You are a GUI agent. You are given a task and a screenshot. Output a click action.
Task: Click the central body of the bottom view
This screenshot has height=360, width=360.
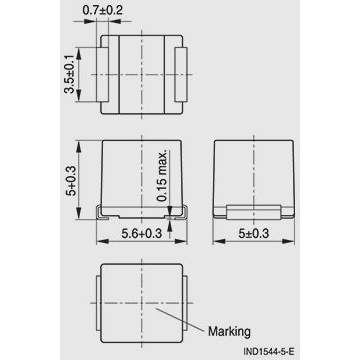[141, 300]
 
